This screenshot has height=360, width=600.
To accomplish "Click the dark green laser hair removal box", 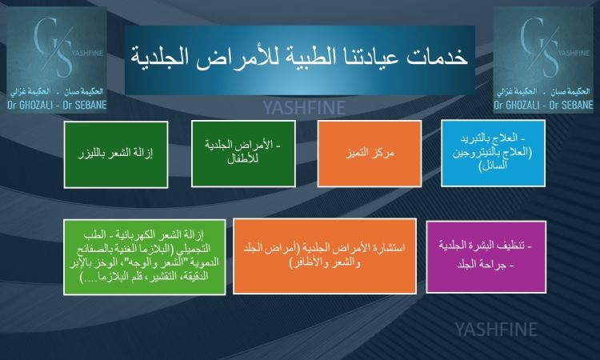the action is tap(116, 154).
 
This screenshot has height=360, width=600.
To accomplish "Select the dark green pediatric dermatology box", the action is tap(243, 154).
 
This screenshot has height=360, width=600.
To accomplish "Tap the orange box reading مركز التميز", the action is tap(370, 154).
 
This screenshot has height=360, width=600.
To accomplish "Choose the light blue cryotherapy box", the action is tap(494, 153).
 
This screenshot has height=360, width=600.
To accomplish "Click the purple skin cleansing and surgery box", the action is tap(486, 257).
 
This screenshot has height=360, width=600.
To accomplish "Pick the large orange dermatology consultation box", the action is tap(325, 256).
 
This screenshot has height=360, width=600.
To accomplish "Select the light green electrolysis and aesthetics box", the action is tap(144, 257).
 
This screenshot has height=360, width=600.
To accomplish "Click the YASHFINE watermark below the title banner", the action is tap(305, 108).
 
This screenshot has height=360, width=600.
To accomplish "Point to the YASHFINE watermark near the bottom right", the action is tap(496, 330).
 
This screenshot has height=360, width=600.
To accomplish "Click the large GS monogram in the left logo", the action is tap(54, 48).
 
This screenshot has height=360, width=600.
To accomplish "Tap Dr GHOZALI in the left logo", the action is tap(30, 105).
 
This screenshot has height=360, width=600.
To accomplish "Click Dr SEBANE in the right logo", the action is tap(571, 105).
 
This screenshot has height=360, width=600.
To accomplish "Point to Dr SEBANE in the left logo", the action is tap(85, 105).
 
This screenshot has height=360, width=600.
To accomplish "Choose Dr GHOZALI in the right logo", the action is tap(516, 105).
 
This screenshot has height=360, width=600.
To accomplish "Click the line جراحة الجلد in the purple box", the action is tap(486, 264).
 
